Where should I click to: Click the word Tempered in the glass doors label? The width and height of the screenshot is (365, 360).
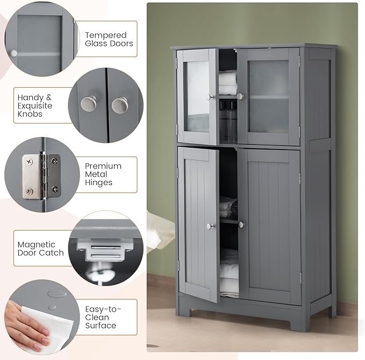tap(106, 35)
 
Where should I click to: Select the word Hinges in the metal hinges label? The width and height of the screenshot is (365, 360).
tap(98, 182)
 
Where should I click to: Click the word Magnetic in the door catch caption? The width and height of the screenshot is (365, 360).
tap(37, 245)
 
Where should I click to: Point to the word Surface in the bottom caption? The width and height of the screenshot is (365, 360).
tap(101, 325)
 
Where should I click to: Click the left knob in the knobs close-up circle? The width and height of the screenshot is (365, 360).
tap(89, 103)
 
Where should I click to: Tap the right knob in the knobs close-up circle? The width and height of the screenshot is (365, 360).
tap(120, 105)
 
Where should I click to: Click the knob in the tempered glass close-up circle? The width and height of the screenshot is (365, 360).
tap(13, 53)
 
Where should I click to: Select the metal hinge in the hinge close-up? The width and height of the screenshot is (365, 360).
tap(41, 177)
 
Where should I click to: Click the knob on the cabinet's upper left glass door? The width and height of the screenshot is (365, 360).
tap(210, 97)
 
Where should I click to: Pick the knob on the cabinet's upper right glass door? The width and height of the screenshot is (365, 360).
tap(240, 96)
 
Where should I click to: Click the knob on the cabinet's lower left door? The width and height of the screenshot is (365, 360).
tap(210, 226)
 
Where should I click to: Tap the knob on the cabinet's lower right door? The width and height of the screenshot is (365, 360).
tap(241, 224)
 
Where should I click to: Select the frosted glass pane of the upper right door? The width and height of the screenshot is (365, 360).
tap(269, 96)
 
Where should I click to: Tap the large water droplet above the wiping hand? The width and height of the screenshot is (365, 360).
tap(56, 294)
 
